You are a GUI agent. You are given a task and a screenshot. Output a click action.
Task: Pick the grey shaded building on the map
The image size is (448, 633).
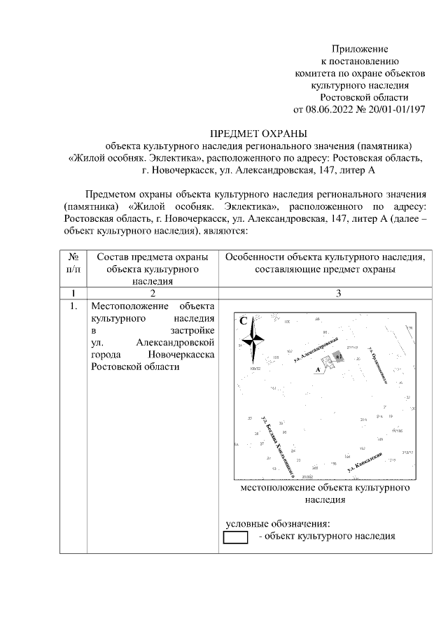(x=338, y=357)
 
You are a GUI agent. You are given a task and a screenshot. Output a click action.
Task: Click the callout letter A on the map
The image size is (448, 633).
(x=318, y=369)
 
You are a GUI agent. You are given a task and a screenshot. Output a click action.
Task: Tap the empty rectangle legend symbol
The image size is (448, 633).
(x=236, y=537)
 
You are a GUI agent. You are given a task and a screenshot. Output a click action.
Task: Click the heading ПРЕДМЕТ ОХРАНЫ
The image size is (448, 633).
(x=259, y=133)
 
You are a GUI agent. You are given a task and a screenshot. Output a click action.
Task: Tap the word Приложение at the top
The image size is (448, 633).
(x=360, y=49)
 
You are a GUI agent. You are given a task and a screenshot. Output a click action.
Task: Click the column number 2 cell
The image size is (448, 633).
(x=153, y=293)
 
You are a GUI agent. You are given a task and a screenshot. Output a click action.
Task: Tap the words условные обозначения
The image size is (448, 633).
(x=276, y=524)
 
